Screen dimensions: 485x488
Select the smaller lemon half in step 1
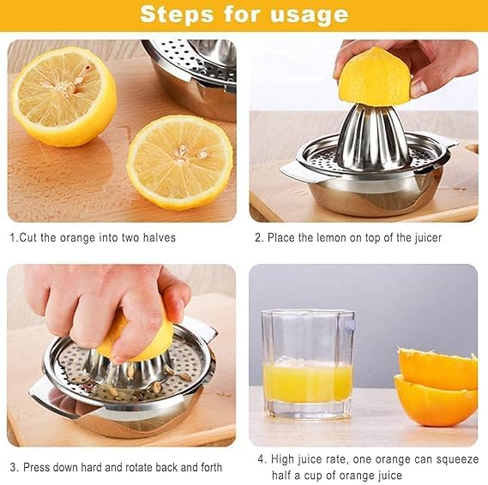pyautogui.click(x=179, y=162)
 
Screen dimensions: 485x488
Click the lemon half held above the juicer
pyautogui.click(x=374, y=78)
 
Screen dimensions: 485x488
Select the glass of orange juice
pyautogui.click(x=307, y=366)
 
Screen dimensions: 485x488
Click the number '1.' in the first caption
pyautogui.click(x=13, y=237)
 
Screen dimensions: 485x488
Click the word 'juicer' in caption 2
pyautogui.click(x=425, y=237)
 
